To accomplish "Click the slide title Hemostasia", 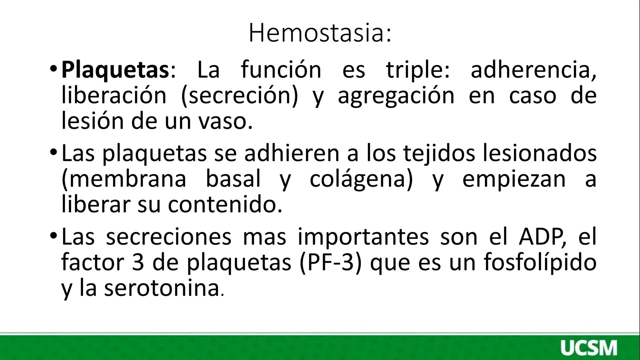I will click(320, 33).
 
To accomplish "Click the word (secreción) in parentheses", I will click(239, 96).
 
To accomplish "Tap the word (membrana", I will click(124, 179).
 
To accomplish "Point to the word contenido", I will click(225, 204).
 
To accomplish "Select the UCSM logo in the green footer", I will click(588, 348).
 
